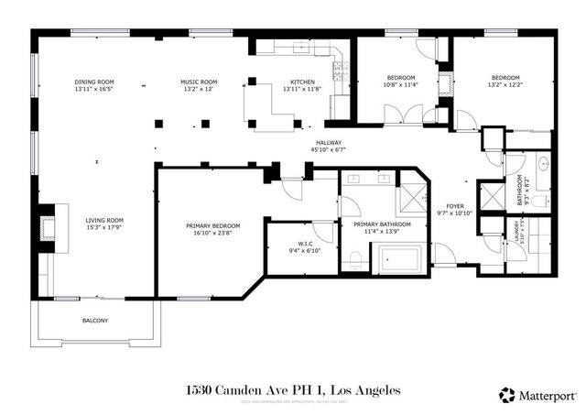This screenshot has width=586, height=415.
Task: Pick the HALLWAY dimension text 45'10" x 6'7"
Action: pyautogui.click(x=329, y=150)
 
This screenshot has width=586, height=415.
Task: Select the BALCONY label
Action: pyautogui.click(x=94, y=320)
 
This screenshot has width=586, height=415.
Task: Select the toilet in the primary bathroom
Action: pyautogui.click(x=354, y=259)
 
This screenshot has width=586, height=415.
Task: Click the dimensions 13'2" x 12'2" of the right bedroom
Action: pyautogui.click(x=506, y=85)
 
